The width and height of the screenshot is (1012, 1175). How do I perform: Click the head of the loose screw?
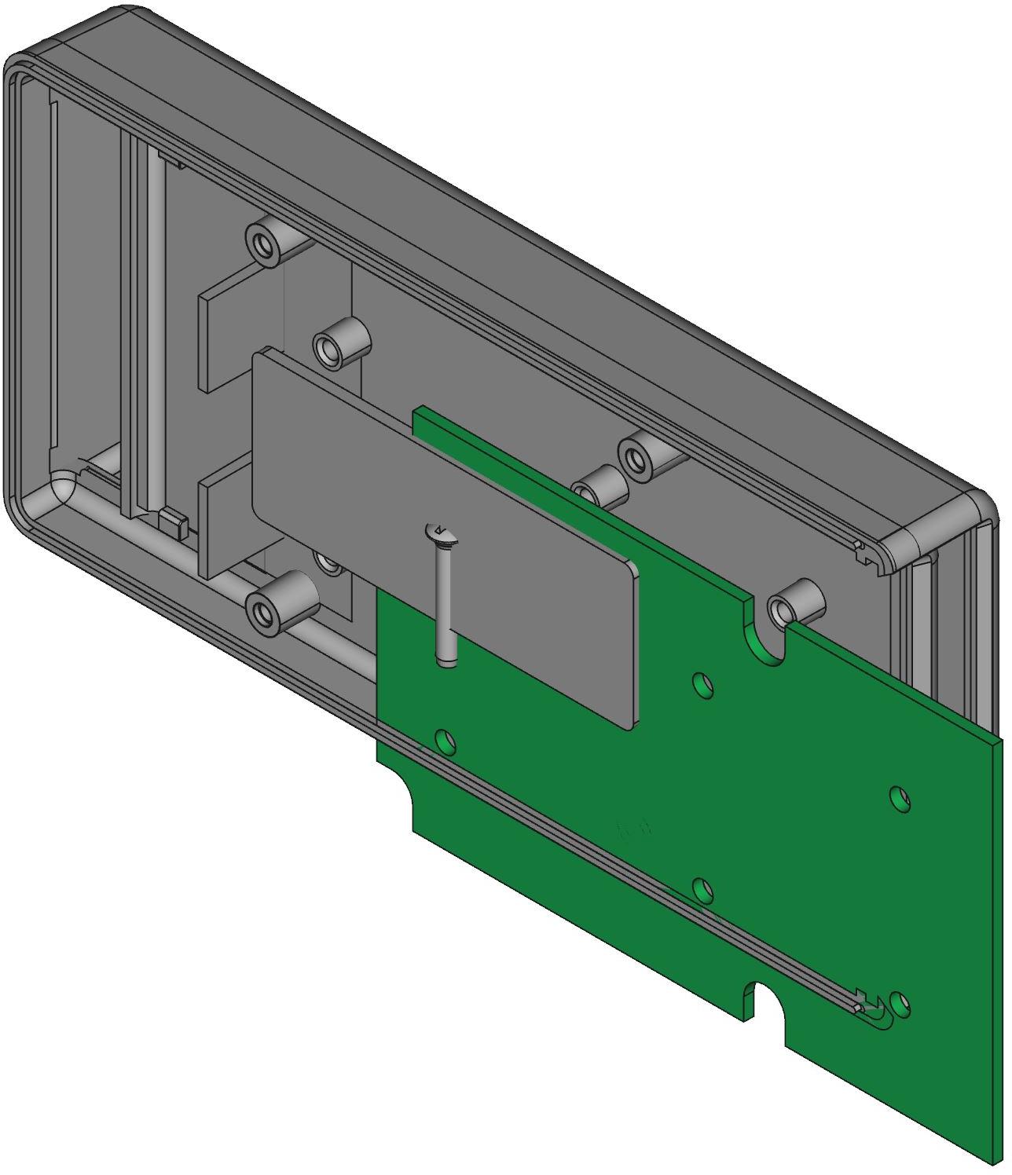(442, 534)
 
